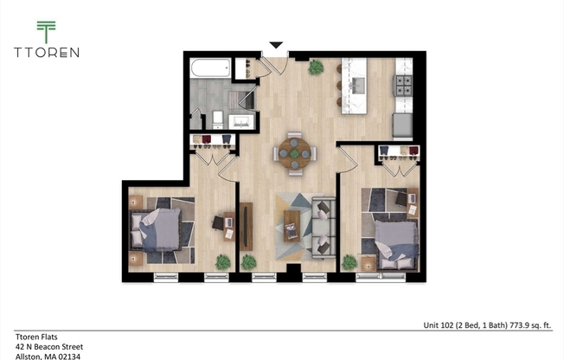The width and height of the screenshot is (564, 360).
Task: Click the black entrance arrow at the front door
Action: coord(276,45)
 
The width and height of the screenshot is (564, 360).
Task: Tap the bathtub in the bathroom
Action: coord(211,68)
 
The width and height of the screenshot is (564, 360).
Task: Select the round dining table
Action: coord(295,153)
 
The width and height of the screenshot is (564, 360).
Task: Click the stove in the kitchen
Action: coord(404,86)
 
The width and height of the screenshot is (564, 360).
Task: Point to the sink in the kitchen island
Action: coord(357,85)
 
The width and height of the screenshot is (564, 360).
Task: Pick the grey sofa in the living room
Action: coord(324,228)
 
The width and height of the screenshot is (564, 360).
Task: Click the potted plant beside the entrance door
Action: coord(316,67)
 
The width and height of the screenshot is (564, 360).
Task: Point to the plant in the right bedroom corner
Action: coord(349,261)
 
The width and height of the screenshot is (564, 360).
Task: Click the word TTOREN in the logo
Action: coord(46,52)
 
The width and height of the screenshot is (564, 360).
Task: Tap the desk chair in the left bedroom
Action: coord(219,222)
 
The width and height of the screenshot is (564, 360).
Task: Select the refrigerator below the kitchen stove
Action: coord(403,126)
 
